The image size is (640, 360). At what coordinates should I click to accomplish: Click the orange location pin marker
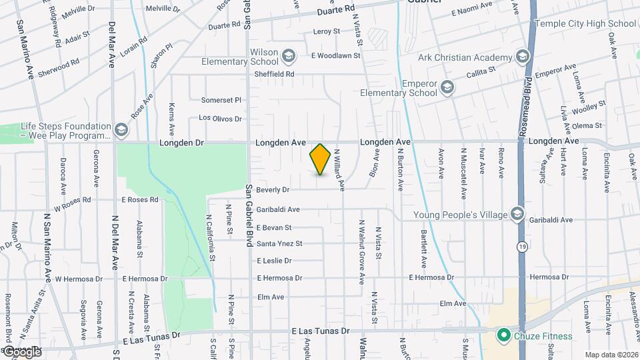pyautogui.click(x=321, y=159)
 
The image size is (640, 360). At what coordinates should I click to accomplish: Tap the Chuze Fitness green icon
pyautogui.click(x=504, y=335)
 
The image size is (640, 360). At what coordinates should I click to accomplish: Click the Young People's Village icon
pyautogui.click(x=517, y=214)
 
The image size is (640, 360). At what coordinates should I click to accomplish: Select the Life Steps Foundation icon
pyautogui.click(x=121, y=130)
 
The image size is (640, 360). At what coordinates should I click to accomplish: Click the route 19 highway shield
pyautogui.click(x=521, y=247)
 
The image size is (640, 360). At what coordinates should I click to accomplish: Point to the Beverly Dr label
pyautogui.click(x=273, y=190)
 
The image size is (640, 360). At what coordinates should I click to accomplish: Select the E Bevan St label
pyautogui.click(x=274, y=228)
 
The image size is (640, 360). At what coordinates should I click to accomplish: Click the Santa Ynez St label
pyautogui.click(x=279, y=244)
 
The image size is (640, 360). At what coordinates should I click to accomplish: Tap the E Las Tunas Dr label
pyautogui.click(x=321, y=331)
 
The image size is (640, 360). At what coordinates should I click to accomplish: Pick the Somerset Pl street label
pyautogui.click(x=221, y=100)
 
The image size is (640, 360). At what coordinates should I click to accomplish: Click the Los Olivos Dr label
pyautogui.click(x=220, y=119)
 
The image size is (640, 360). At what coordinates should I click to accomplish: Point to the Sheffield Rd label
pyautogui.click(x=275, y=74)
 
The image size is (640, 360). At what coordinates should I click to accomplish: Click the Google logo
pyautogui.click(x=22, y=351)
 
